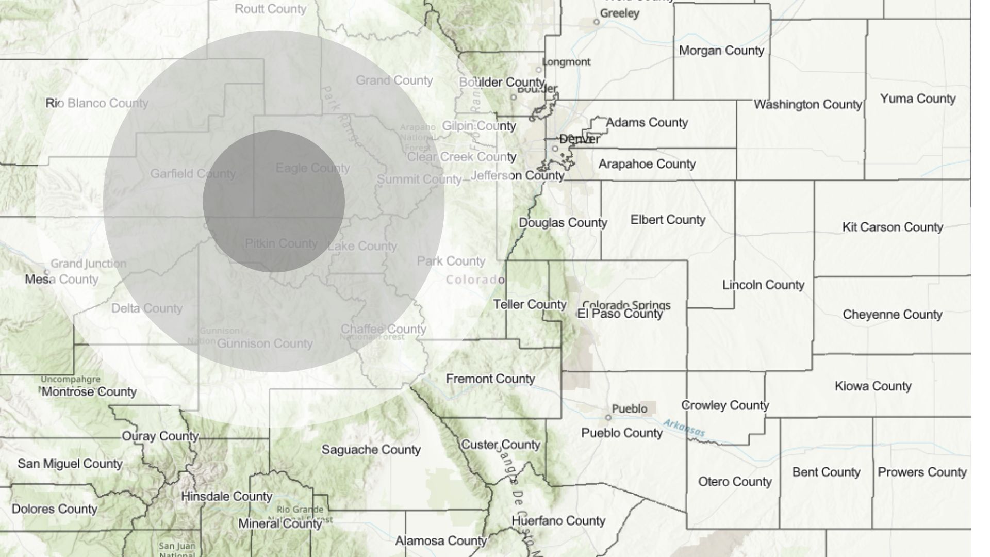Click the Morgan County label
point(721,51)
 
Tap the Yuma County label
point(918,99)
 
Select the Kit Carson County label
point(892,227)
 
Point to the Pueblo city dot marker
point(608,417)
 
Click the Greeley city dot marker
point(596,22)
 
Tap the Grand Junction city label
point(88,264)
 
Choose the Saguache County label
point(371,450)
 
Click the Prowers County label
point(922,472)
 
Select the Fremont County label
point(490,379)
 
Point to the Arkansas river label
point(684,428)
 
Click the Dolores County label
point(54,509)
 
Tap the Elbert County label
point(668,220)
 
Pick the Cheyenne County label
point(892,315)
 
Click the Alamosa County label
point(441,541)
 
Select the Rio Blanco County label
point(97,103)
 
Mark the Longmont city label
point(566,62)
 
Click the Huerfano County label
point(558,521)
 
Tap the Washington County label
point(807,105)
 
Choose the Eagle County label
point(312,168)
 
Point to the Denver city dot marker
point(555,149)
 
